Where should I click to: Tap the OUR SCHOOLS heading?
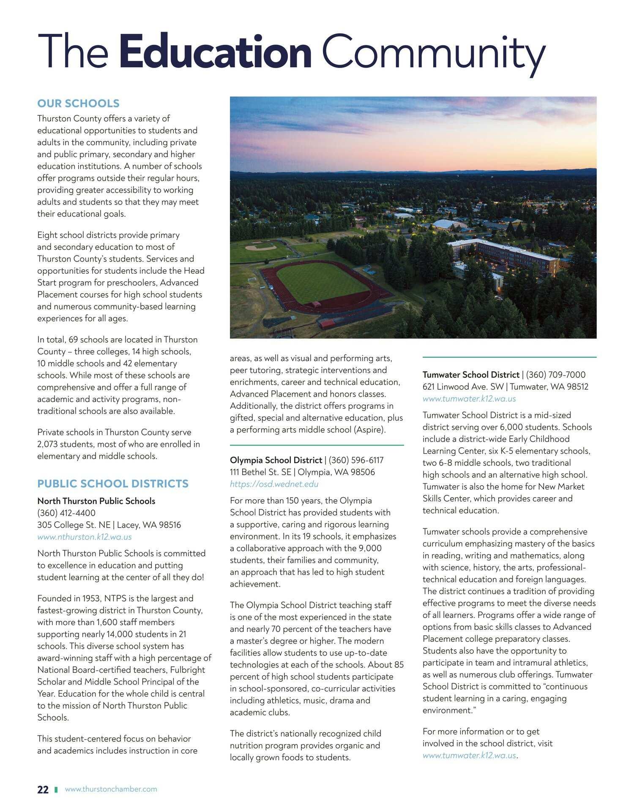tap(78, 103)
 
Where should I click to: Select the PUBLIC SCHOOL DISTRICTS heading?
tap(113, 484)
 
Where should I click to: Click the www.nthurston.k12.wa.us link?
tap(85, 537)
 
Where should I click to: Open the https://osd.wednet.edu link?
tap(274, 484)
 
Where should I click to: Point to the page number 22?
tap(43, 789)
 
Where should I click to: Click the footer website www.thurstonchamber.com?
tap(111, 789)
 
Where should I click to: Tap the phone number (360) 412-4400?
tap(66, 513)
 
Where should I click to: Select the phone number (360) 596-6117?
tap(356, 460)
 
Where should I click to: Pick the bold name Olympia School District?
tap(276, 460)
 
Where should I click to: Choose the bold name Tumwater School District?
tap(471, 375)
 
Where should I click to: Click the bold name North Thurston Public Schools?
tap(96, 501)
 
